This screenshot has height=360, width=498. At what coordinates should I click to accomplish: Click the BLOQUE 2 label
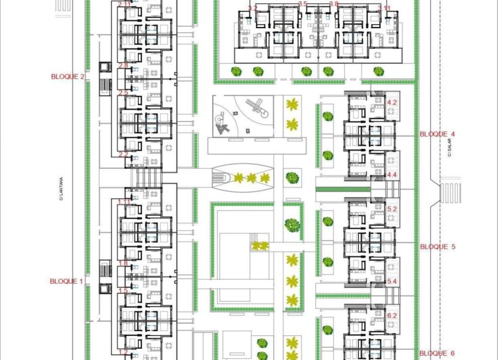68,77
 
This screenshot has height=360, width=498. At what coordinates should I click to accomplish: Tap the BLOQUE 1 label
67,281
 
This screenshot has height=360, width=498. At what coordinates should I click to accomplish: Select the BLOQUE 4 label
437,134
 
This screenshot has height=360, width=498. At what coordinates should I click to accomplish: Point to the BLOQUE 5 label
437,247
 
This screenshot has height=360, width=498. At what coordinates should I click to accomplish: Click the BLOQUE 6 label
437,353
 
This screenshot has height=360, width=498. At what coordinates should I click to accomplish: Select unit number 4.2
393,102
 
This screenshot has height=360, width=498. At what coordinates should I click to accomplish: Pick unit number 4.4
393,175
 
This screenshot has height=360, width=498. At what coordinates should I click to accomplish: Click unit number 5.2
393,209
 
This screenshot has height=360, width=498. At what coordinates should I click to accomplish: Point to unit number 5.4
393,282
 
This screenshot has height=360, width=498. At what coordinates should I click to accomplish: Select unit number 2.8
123,65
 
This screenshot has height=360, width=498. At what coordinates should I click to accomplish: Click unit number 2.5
123,93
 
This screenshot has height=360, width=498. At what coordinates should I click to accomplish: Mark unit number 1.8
123,263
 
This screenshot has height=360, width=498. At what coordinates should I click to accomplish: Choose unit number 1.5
123,291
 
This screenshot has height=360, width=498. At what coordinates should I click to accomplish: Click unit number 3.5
302,4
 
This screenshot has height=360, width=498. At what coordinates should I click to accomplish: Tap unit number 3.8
334,4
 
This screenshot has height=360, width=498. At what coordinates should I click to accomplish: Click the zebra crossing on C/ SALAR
449,192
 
